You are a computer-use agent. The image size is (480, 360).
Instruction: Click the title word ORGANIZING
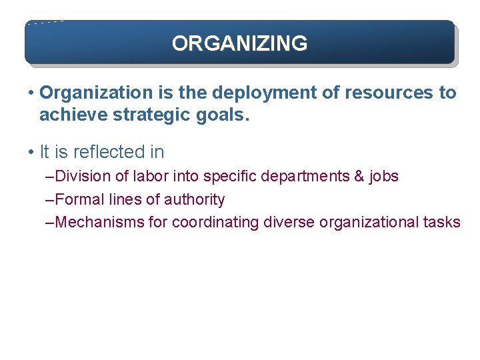click(239, 43)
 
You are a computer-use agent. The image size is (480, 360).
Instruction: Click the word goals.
click(223, 115)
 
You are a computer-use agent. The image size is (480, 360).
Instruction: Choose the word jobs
click(384, 177)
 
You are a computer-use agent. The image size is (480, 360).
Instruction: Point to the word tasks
click(442, 222)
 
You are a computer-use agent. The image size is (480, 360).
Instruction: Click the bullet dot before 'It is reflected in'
click(31, 153)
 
